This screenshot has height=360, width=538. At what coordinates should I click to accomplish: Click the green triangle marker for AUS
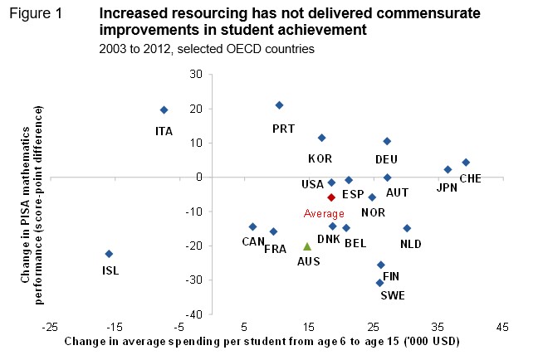[x=307, y=246]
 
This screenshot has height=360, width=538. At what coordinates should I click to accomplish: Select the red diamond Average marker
[x=331, y=197]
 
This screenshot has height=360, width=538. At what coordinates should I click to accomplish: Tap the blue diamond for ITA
[x=164, y=109]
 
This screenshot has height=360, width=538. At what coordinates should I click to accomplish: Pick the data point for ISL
[x=109, y=254]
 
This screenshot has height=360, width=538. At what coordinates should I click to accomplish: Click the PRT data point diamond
[x=279, y=105]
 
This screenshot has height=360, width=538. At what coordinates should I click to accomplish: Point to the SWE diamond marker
[x=379, y=283]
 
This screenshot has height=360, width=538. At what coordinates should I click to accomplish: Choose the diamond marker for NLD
[x=407, y=228]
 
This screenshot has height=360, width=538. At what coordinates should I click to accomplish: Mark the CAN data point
[x=252, y=226]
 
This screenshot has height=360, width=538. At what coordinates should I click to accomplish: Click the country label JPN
[x=447, y=187]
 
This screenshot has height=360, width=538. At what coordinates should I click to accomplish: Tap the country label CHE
[x=470, y=178]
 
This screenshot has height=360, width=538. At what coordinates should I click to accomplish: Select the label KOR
[x=320, y=158]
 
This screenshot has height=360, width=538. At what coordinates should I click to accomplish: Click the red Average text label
[x=324, y=214]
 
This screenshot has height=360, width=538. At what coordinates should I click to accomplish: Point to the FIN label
[x=391, y=276]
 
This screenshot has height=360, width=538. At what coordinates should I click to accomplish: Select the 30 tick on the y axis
[x=197, y=75]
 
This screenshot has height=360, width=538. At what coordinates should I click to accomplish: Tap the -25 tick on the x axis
[x=51, y=325]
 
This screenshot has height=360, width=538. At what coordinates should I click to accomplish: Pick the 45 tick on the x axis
[x=501, y=325]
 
